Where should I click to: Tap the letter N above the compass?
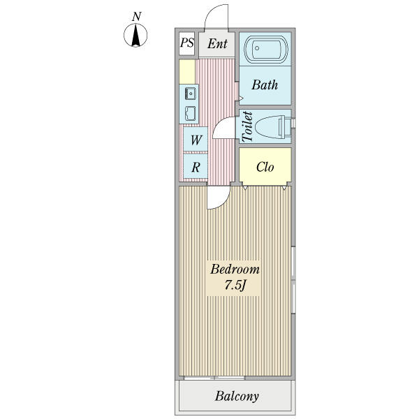[138, 15]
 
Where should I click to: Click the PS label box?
[186, 43]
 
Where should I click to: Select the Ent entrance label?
[217, 44]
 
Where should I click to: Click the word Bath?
[265, 85]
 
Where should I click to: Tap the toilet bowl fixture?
[272, 126]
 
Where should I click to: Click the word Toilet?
[247, 126]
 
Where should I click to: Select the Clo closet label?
[265, 168]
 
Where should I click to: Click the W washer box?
[196, 140]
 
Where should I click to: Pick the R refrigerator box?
[196, 168]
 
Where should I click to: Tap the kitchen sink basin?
[190, 112]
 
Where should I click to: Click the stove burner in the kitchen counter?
[189, 91]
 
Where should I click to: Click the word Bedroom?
[235, 270]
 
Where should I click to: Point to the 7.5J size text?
[235, 286]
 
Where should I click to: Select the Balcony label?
[237, 397]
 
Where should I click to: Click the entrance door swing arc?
[218, 15]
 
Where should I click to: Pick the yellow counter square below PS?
[186, 71]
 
